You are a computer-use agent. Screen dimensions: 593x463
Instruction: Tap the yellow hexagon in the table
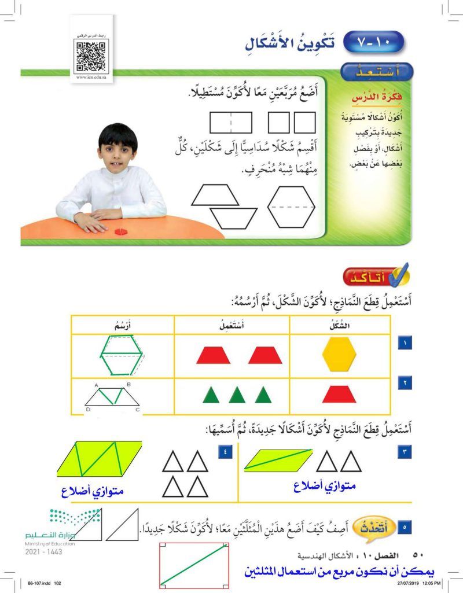(x=340, y=355)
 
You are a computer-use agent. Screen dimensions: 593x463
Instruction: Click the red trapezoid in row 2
(x=339, y=395)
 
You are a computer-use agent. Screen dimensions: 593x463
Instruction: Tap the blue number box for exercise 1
(x=404, y=344)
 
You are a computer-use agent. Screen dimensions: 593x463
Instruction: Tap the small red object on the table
(x=121, y=231)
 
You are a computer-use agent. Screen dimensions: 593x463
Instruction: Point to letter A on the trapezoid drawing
(x=97, y=384)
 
